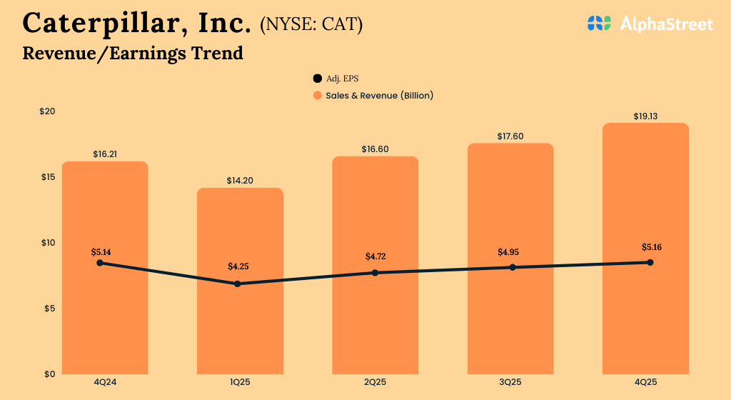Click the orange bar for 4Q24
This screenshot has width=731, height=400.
pyautogui.click(x=105, y=321)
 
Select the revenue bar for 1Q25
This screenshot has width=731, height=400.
pyautogui.click(x=240, y=329)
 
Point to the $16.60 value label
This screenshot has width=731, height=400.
pyautogui.click(x=375, y=149)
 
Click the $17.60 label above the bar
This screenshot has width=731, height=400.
pyautogui.click(x=510, y=136)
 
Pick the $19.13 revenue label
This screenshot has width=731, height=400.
pyautogui.click(x=645, y=116)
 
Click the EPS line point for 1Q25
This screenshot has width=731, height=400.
pyautogui.click(x=238, y=284)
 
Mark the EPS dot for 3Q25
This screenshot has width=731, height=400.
pyautogui.click(x=513, y=267)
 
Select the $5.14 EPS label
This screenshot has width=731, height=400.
pyautogui.click(x=101, y=252)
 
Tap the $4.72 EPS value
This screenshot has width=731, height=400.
pyautogui.click(x=375, y=256)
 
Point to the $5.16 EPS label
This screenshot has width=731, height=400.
pyautogui.click(x=650, y=247)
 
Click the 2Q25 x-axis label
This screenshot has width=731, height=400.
pyautogui.click(x=375, y=383)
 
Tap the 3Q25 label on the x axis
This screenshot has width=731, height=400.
pyautogui.click(x=510, y=383)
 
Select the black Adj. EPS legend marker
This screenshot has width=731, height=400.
pyautogui.click(x=317, y=79)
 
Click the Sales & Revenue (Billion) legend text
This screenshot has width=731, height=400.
pyautogui.click(x=380, y=95)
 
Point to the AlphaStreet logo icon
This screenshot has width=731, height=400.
pyautogui.click(x=600, y=24)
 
